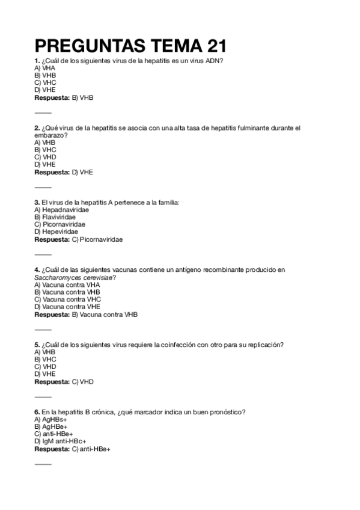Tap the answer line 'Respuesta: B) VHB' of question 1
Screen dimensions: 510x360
click(x=64, y=97)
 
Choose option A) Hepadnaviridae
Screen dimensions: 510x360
click(x=61, y=210)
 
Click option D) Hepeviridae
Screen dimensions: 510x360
click(x=56, y=232)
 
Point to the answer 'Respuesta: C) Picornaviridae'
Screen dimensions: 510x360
click(x=78, y=239)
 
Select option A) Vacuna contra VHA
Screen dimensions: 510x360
click(x=67, y=284)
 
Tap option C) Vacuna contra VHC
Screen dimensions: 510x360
click(x=67, y=299)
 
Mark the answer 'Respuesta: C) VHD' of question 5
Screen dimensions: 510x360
click(x=64, y=381)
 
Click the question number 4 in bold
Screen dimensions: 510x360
click(x=37, y=270)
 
